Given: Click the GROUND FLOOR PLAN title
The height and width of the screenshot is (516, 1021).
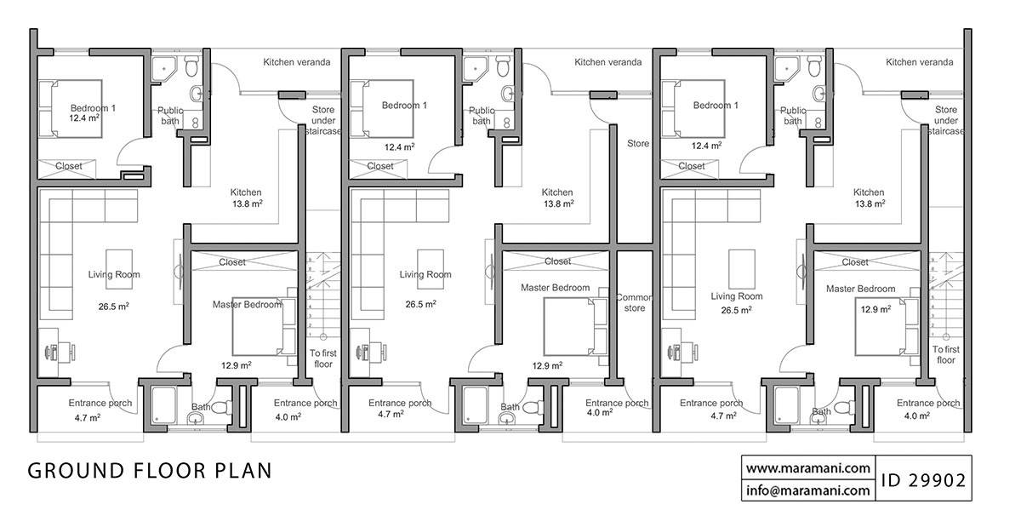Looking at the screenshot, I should pyautogui.click(x=150, y=471).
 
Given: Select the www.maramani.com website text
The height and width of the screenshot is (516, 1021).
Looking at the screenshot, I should pyautogui.click(x=807, y=468).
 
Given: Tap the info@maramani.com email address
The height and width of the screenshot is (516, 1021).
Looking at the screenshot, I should pyautogui.click(x=807, y=490).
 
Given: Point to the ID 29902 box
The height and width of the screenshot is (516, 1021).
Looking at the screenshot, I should pyautogui.click(x=923, y=479).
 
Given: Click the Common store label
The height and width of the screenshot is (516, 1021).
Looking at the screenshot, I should pyautogui.click(x=634, y=302).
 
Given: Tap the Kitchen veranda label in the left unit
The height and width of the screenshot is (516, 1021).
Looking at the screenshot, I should pyautogui.click(x=296, y=62).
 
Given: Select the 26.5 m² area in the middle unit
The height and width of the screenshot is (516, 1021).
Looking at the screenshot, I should pyautogui.click(x=420, y=304).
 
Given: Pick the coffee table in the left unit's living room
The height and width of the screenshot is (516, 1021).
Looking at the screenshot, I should pyautogui.click(x=119, y=263).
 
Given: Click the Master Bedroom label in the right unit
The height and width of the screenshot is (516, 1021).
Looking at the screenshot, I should pyautogui.click(x=860, y=289).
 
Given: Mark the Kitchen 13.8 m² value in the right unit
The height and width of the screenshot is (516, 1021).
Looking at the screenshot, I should pyautogui.click(x=869, y=204).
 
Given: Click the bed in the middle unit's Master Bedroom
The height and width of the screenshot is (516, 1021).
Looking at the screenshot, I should pyautogui.click(x=576, y=328).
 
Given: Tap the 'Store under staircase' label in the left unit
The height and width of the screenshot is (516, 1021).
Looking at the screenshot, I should pyautogui.click(x=322, y=120).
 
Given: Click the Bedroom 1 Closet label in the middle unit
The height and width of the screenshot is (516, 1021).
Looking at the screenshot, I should pyautogui.click(x=380, y=166).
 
